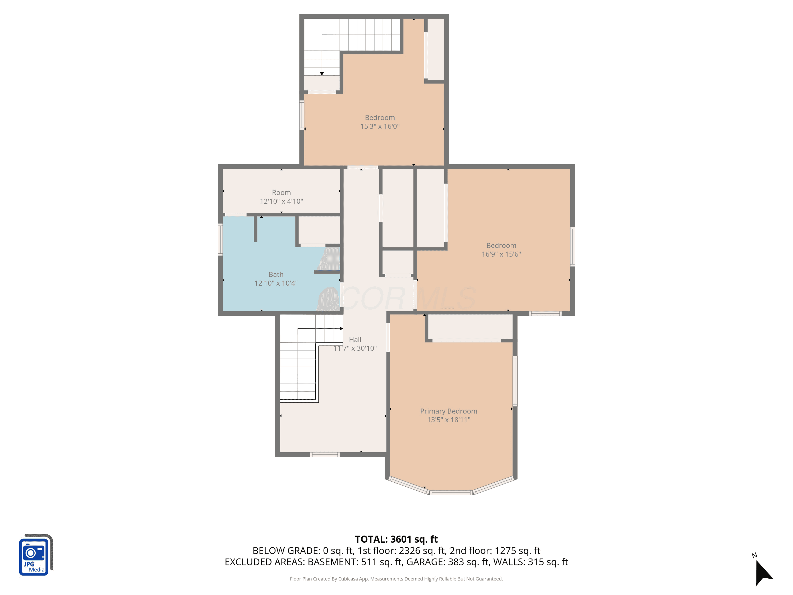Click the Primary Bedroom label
tap(449, 411)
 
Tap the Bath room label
tap(276, 274)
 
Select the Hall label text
tap(355, 340)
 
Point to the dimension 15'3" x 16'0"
tap(380, 126)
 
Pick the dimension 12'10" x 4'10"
tap(282, 201)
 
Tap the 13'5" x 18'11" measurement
tap(449, 420)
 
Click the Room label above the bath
tap(282, 193)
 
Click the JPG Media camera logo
tap(36, 555)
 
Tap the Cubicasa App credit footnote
tap(396, 579)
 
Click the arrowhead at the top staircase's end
tap(322, 74)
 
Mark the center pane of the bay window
tap(451, 493)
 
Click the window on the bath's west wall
tap(220, 240)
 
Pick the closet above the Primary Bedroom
tap(470, 327)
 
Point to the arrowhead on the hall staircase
tap(341, 328)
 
